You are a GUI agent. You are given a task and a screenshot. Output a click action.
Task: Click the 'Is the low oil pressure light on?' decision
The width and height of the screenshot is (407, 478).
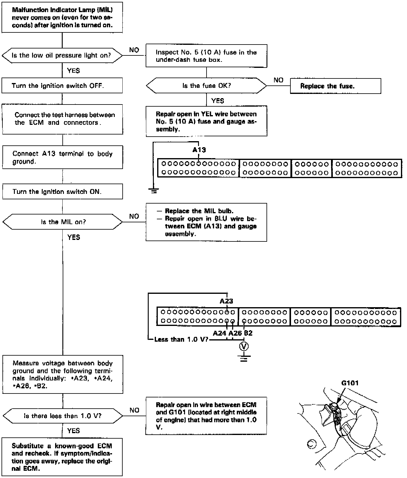tap(62, 55)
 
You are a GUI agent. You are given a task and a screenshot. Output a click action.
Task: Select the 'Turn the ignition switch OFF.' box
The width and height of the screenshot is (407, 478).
tap(62, 86)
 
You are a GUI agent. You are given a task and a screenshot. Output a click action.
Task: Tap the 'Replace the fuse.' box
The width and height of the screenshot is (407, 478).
tap(335, 86)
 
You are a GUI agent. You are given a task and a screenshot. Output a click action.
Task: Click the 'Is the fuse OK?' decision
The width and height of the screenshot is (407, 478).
tap(207, 86)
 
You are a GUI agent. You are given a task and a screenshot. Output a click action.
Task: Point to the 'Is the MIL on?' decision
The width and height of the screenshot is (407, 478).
tap(63, 222)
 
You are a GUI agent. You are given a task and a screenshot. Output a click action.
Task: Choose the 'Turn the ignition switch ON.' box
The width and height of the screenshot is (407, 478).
tap(62, 192)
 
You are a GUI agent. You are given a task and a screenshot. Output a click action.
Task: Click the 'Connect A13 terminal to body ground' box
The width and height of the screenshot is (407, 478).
tap(62, 157)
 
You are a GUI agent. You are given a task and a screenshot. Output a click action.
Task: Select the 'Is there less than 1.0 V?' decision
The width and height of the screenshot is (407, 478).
tap(63, 416)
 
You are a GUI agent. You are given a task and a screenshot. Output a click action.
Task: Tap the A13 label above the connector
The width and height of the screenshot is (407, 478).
tap(199, 150)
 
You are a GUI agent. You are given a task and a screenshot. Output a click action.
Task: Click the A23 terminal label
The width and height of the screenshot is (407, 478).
tap(226, 301)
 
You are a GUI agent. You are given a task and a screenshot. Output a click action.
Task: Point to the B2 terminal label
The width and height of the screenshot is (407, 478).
tap(248, 333)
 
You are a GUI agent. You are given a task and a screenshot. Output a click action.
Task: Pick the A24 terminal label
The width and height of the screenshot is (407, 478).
tap(220, 333)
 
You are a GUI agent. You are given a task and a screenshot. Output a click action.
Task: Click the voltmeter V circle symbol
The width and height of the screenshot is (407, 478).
tap(244, 346)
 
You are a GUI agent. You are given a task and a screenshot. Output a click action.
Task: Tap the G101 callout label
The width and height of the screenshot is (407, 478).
tap(350, 383)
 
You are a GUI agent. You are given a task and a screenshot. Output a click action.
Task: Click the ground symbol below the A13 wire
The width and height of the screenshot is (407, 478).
tap(154, 191)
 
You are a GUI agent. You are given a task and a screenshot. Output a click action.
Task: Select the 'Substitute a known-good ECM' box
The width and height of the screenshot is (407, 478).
tap(62, 457)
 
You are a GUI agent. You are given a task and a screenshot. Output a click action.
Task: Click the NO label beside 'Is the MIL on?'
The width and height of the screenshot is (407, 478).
tap(134, 216)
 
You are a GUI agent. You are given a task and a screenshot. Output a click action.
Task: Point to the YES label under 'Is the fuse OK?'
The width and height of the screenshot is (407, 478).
tap(217, 101)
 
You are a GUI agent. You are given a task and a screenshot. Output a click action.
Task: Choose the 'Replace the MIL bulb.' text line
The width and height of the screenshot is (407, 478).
tap(199, 211)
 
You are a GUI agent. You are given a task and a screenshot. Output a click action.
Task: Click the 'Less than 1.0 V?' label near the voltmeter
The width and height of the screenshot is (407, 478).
tap(181, 339)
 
